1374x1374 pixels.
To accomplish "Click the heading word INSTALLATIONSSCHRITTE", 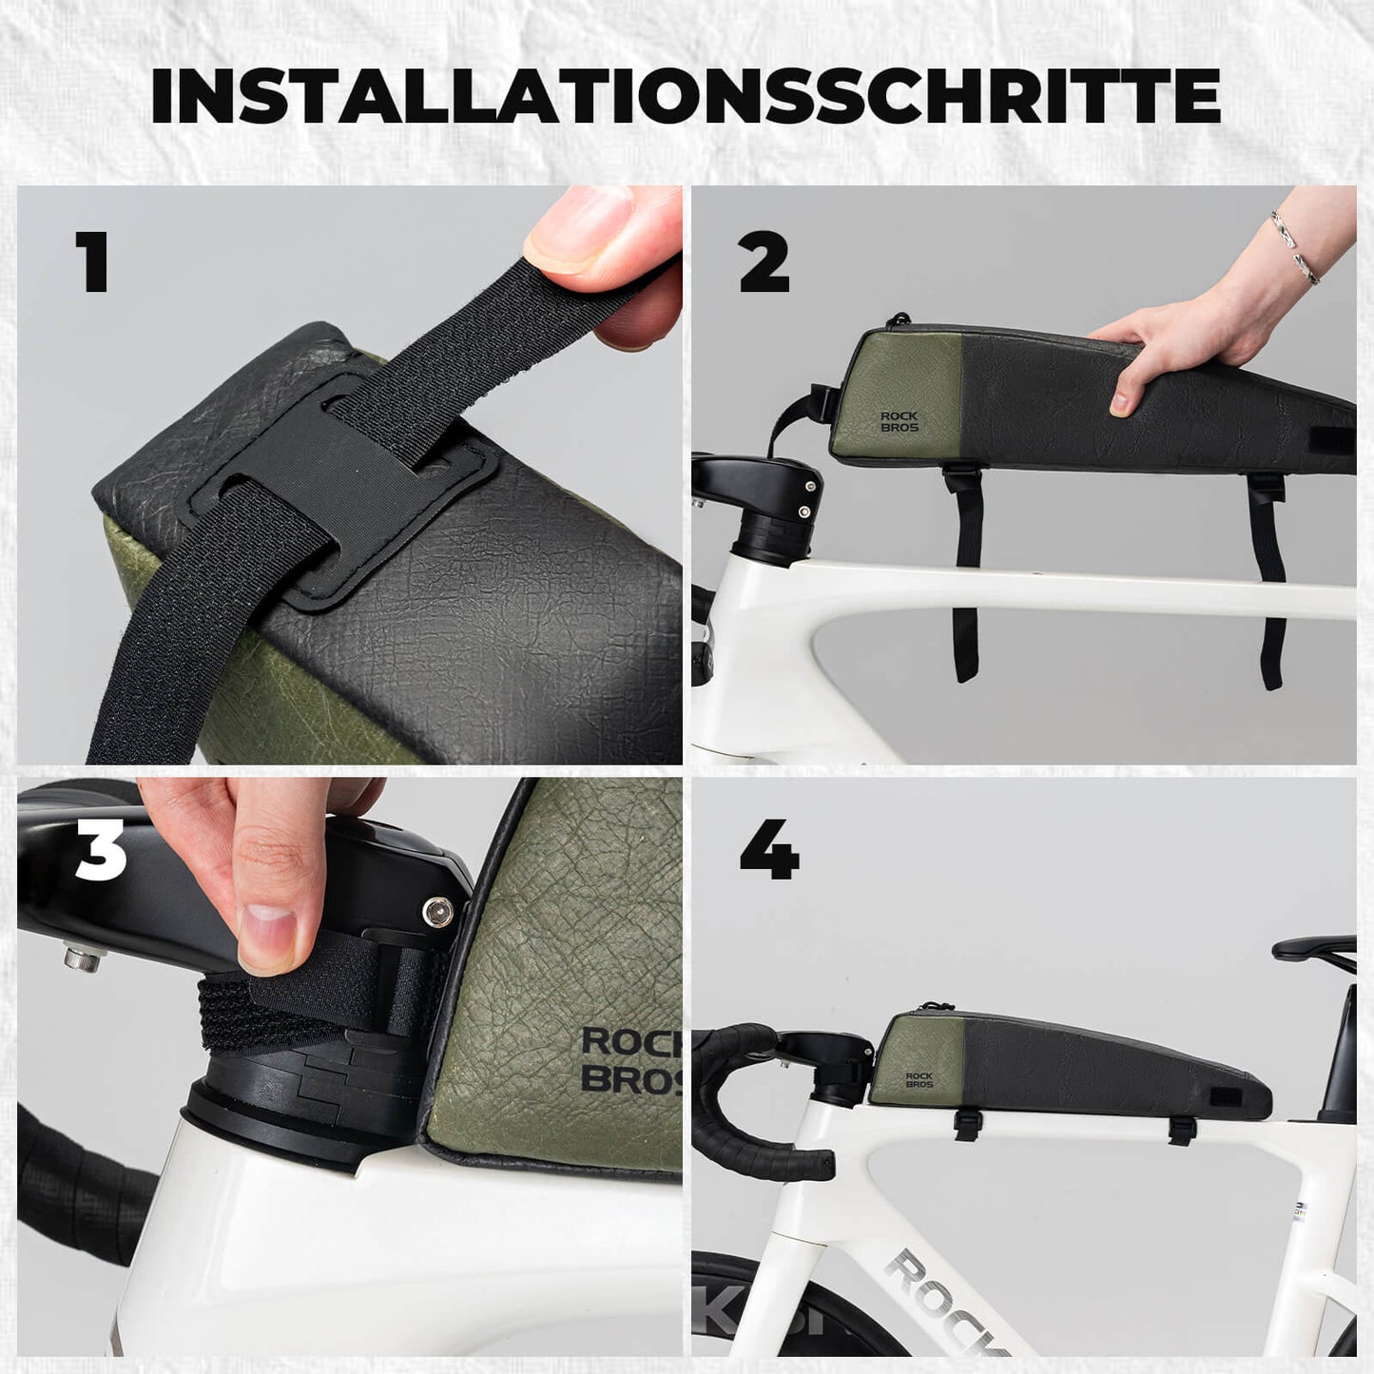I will coord(686,95).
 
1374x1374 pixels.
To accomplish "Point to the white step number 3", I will coord(101,850).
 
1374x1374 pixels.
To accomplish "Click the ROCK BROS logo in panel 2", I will coord(899,422).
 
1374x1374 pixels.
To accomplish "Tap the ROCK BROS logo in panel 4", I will coord(919,1080).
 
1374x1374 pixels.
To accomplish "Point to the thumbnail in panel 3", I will coord(268,926).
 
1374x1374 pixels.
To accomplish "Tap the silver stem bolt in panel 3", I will coord(437,912).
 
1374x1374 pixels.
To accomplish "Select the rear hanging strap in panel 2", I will coord(1268,580).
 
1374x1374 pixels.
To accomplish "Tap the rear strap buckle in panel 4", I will coord(1182,1129).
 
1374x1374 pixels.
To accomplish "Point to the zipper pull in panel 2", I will coord(894,320).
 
